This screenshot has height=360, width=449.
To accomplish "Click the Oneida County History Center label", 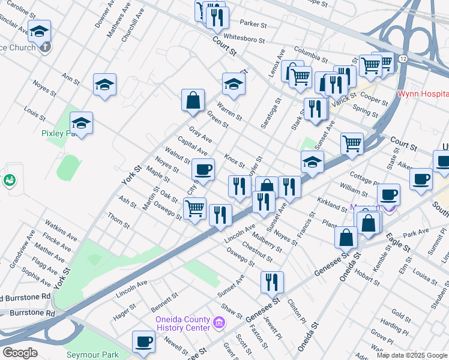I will [183, 323].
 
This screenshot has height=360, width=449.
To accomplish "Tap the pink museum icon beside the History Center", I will [218, 324].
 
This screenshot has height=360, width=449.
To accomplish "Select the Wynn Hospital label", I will [423, 94].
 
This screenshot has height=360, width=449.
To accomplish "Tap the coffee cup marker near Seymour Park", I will [143, 342].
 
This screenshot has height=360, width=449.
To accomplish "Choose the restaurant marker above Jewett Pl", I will [272, 282].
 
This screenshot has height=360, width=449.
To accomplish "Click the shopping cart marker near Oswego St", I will [194, 209].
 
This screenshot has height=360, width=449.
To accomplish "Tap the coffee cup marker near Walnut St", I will [203, 170].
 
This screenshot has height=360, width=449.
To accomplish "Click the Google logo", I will [19, 353].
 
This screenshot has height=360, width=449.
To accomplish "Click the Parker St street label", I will [253, 24].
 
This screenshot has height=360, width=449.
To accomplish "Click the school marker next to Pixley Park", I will [81, 124].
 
